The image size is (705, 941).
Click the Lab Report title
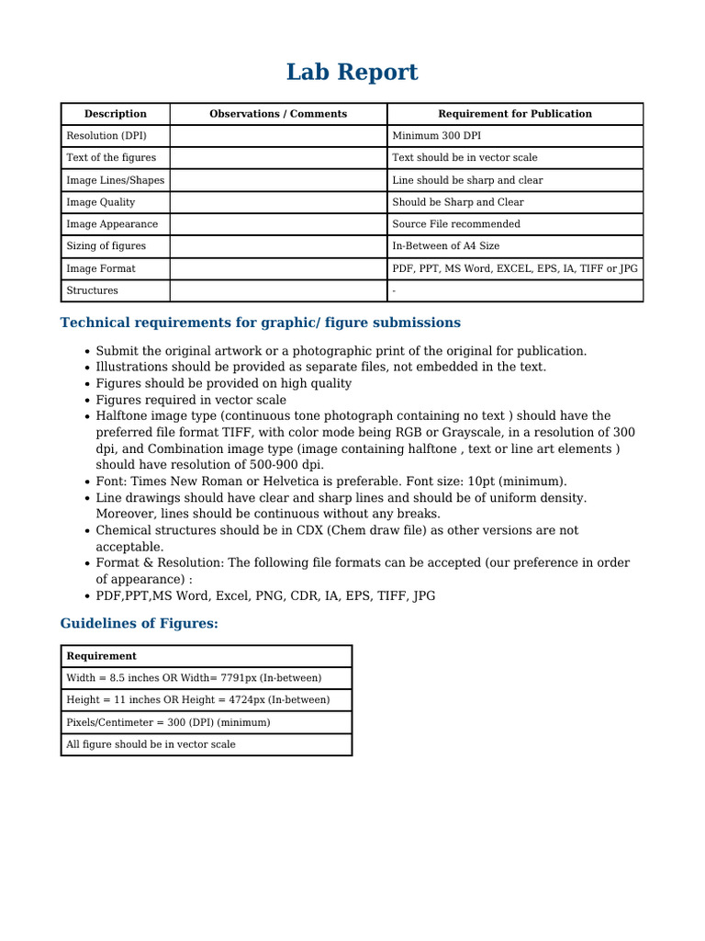352,73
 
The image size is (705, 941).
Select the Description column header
116,114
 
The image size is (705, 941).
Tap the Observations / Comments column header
278,114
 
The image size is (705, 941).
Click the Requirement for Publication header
515,114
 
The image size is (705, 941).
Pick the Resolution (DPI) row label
106,136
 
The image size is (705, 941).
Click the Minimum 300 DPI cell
436,136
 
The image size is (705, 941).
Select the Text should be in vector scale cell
464,158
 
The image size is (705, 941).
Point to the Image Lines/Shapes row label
115,180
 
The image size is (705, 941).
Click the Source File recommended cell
456,224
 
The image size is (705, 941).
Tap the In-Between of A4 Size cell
446,246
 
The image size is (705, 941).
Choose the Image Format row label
101,268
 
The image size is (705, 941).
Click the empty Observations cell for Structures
278,290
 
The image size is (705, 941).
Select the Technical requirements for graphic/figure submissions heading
261,323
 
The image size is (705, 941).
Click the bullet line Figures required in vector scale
191,400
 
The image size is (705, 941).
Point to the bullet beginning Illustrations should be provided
320,367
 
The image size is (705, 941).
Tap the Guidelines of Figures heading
140,624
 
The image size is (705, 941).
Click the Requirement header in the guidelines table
101,656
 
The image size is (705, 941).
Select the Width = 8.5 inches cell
194,678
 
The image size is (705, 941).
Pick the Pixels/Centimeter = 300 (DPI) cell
168,722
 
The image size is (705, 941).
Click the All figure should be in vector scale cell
151,744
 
